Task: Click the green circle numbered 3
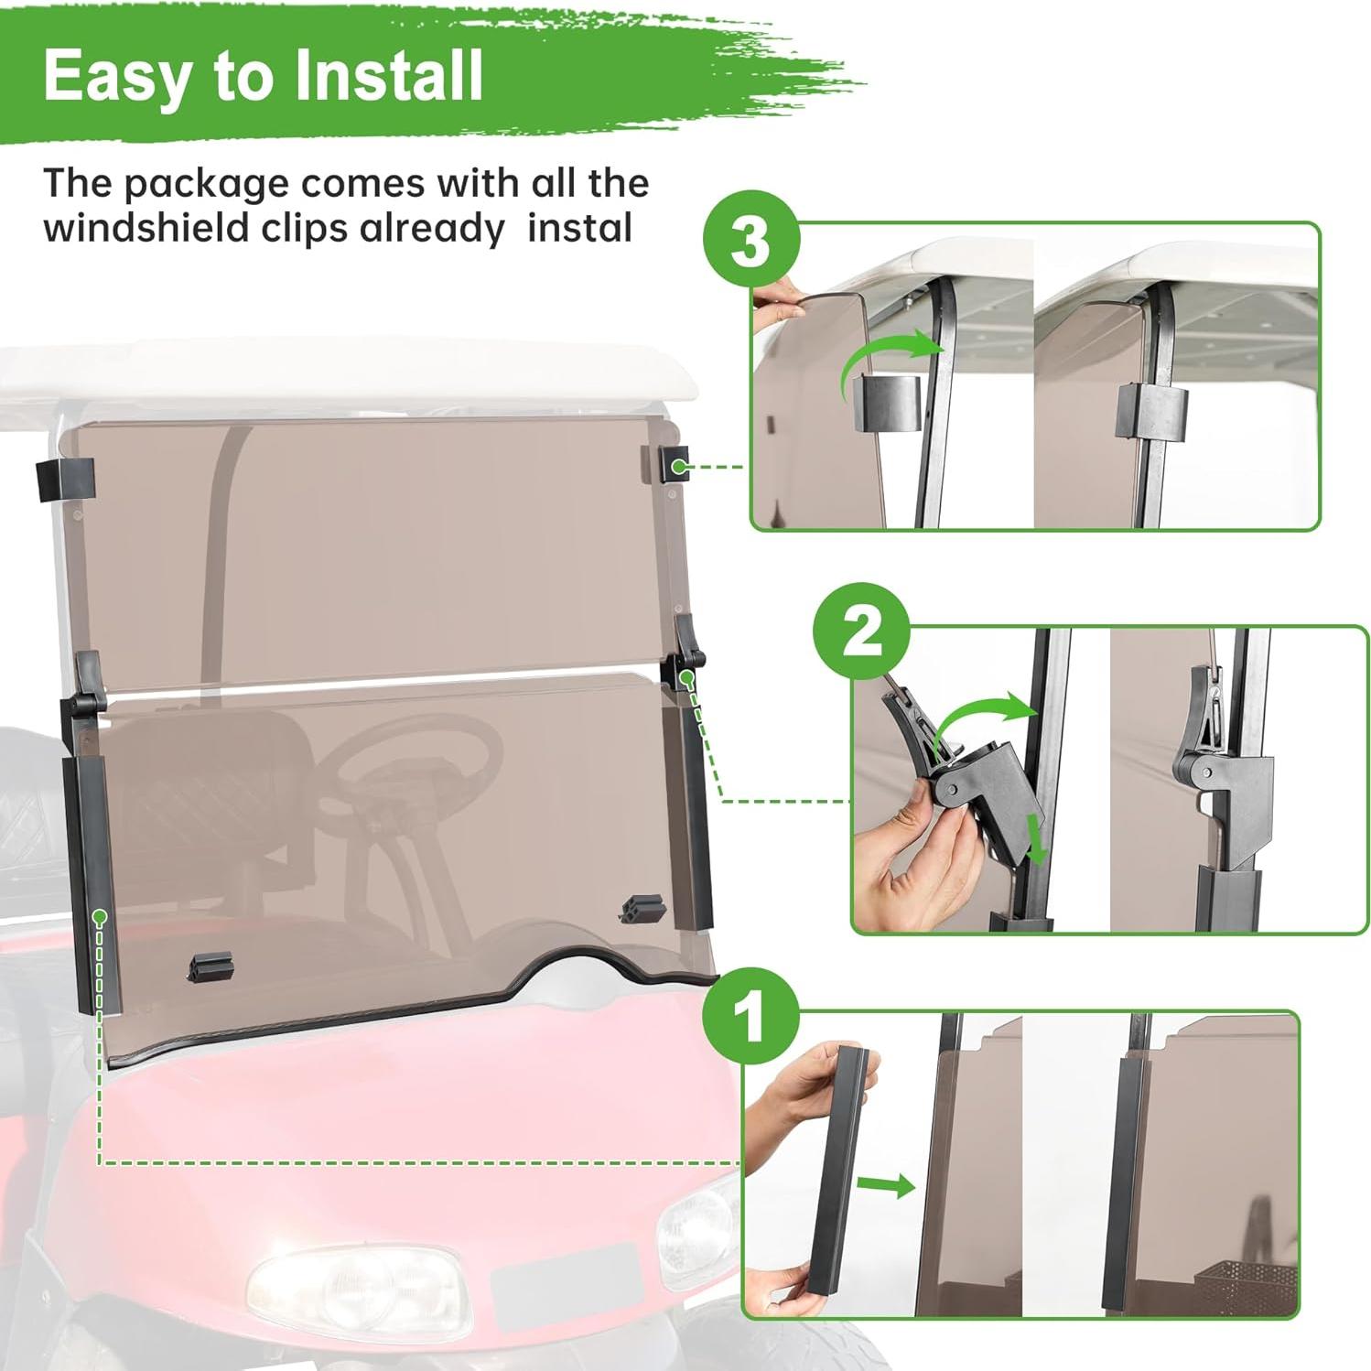(751, 240)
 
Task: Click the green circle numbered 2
(861, 632)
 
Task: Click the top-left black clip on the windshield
(65, 480)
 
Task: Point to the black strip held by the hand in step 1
(837, 1171)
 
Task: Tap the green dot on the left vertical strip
(100, 916)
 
